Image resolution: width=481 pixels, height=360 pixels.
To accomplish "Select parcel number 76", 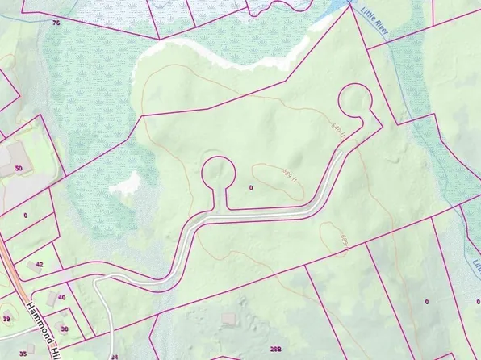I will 56,23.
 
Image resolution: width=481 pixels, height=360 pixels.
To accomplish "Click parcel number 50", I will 18,169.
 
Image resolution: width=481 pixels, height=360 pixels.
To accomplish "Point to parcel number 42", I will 39,264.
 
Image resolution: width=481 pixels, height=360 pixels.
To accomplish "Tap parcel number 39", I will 6,320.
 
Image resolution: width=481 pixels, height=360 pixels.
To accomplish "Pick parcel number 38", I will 65,329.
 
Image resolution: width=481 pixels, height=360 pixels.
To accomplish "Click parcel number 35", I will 23,354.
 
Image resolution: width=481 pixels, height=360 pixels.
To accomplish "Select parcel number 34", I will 114,356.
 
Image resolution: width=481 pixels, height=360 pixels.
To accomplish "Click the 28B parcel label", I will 276,349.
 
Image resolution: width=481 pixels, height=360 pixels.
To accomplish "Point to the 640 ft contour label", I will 337,128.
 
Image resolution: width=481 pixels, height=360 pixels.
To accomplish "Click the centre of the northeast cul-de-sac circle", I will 356,102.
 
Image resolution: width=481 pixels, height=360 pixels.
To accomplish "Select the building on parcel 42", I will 34,265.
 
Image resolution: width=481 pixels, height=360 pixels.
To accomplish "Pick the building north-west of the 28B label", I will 229,320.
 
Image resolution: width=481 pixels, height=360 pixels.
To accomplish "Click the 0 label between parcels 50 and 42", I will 26,216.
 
